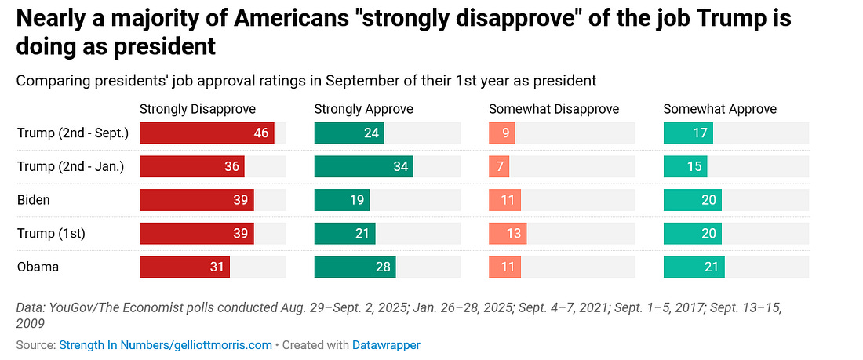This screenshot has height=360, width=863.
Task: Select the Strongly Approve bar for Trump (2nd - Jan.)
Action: point(363,166)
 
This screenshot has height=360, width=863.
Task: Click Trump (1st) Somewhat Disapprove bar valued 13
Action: point(507,234)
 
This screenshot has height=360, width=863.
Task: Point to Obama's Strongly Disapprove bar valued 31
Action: point(184,267)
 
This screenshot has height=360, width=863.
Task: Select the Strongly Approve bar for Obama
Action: point(355,267)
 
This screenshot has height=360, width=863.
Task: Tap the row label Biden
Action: point(34,200)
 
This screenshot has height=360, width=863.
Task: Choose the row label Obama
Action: point(38,267)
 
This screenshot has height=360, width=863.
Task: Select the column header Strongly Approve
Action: point(363,109)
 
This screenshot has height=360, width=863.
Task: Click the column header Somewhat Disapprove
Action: point(554,109)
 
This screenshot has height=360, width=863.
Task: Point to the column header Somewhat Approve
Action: point(719,109)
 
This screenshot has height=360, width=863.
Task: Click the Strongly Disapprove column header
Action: point(197,109)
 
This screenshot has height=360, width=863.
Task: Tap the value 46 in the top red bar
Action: point(261,133)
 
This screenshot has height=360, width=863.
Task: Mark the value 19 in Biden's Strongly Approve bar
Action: point(357,200)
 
